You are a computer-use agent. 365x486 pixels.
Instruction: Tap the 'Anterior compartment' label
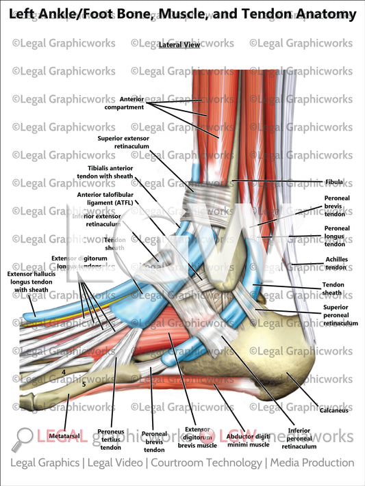point(124,103)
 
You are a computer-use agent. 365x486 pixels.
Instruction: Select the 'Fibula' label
point(334,182)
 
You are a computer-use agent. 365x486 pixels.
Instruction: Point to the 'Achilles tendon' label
point(336,264)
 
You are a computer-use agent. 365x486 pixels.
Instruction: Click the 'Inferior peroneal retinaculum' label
point(299,437)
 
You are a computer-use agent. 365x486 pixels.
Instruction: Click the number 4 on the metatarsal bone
point(64,373)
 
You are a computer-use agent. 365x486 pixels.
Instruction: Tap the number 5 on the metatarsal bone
point(84,384)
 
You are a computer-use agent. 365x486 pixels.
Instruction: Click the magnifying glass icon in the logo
point(24,438)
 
